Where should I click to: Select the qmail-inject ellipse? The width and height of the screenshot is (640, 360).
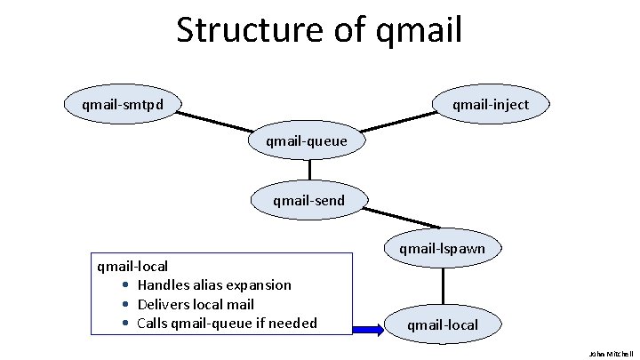coord(490,105)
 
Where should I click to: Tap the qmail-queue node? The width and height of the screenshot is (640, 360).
coord(307,140)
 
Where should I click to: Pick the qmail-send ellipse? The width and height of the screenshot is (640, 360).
coord(308,200)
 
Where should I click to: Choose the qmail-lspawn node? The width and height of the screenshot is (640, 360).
coord(442,248)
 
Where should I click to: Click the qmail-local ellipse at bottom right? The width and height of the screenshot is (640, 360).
coord(442,324)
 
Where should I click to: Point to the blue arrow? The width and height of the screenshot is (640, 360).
coord(364,330)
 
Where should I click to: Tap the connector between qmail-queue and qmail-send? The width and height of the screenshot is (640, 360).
coord(308,171)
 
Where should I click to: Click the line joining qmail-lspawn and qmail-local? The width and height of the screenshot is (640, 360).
coord(442,286)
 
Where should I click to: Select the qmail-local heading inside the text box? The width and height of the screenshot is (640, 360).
coord(132,266)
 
